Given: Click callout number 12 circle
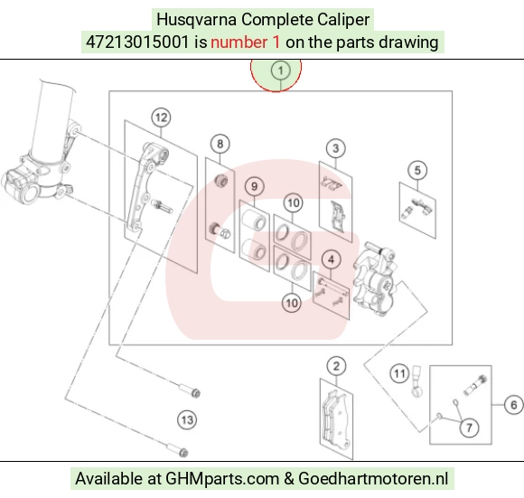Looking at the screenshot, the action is [x=162, y=117].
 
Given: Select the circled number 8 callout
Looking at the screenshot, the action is [x=220, y=144].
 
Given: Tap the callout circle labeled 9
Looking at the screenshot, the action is [x=254, y=186].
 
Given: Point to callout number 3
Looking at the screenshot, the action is [x=336, y=148].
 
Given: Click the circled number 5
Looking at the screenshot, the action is [x=417, y=170].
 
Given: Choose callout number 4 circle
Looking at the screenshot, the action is [x=332, y=259].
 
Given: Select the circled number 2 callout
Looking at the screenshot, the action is [x=336, y=366].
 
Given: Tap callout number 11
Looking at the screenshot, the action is [x=399, y=373].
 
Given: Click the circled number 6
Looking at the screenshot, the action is [x=514, y=405].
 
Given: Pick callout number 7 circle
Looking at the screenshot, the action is [x=469, y=428].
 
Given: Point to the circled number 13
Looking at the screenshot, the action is [x=187, y=419].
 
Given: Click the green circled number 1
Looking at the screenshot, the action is [x=280, y=70].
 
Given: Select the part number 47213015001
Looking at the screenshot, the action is [x=137, y=42].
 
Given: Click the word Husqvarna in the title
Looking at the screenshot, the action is [x=197, y=19].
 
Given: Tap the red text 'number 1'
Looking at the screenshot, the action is [x=246, y=42].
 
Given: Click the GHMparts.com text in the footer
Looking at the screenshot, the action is [x=222, y=479].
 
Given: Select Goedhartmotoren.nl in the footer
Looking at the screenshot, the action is [x=373, y=479].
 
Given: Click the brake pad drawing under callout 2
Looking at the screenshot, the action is [x=336, y=419].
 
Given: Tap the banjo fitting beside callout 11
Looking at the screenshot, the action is [x=416, y=381].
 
